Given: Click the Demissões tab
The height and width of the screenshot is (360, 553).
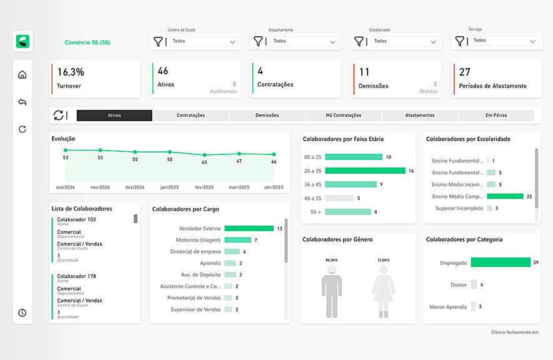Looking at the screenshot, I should [x=267, y=116].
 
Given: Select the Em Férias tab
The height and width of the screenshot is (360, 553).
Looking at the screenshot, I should [x=496, y=116].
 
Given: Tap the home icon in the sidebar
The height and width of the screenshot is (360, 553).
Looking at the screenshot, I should [x=22, y=75].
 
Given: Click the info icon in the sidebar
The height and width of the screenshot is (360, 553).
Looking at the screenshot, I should [x=22, y=312].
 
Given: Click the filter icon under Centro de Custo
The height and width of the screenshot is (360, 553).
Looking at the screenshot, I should [x=157, y=41].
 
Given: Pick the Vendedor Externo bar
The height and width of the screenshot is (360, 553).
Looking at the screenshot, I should [x=249, y=229].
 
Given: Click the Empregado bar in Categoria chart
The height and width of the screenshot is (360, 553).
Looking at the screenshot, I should [x=500, y=262].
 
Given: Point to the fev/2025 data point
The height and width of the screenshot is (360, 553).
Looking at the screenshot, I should [x=204, y=154].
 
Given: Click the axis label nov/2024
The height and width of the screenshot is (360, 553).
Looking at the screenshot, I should [x=100, y=187].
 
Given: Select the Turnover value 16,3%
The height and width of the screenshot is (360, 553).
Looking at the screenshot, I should [x=71, y=72].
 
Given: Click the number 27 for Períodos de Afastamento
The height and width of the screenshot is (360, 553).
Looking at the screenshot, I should [x=465, y=72].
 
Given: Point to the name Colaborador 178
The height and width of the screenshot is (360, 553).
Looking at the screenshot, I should [x=76, y=276].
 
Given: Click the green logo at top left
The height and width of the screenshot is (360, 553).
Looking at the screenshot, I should [x=24, y=42].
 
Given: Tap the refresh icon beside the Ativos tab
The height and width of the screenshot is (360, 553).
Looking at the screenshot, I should [x=59, y=115].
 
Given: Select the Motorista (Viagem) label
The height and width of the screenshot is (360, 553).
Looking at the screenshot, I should [x=198, y=240].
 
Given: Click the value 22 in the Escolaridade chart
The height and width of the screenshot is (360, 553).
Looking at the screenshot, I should [x=529, y=196].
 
